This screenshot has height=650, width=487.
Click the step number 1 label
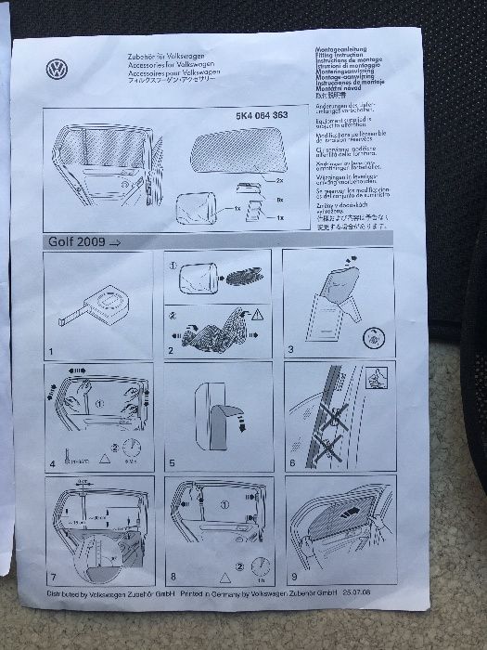[x=51, y=354]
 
